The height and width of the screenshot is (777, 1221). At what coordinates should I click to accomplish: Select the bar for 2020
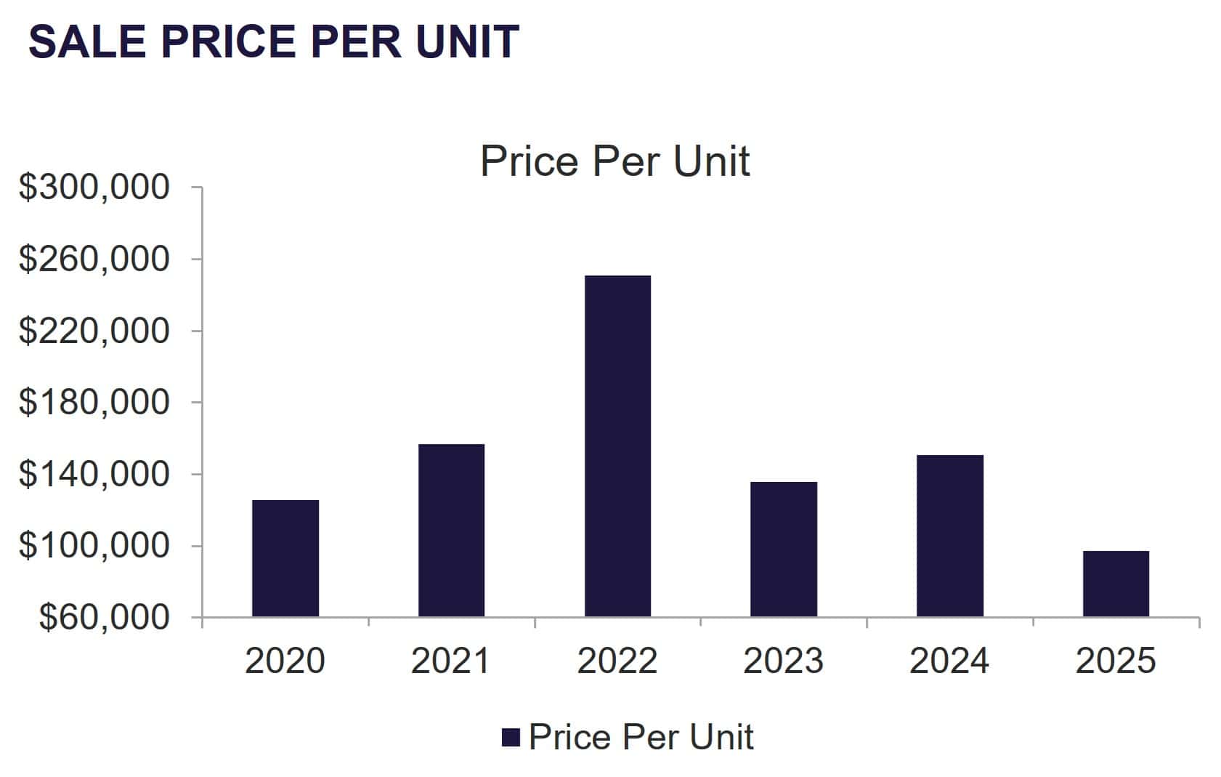click(285, 558)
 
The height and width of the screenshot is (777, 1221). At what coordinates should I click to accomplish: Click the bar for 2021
click(451, 531)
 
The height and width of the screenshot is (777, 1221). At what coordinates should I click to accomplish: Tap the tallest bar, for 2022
click(617, 446)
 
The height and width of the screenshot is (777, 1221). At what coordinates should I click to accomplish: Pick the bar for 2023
click(783, 549)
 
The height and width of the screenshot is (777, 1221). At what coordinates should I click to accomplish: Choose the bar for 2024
click(949, 536)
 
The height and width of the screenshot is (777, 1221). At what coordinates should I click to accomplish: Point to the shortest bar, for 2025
click(1116, 584)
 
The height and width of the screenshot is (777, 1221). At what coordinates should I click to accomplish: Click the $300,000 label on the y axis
click(94, 188)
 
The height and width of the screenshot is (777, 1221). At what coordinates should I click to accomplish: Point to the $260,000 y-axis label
click(94, 259)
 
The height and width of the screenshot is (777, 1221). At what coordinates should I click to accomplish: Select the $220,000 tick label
click(94, 331)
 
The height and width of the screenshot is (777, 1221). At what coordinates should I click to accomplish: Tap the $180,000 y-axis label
click(94, 402)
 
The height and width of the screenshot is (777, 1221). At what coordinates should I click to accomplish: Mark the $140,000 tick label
click(94, 474)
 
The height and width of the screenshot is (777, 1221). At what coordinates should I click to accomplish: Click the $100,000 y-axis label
click(94, 545)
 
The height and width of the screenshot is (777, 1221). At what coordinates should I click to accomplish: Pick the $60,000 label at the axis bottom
click(104, 617)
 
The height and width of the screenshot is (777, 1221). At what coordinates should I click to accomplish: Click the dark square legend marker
click(511, 738)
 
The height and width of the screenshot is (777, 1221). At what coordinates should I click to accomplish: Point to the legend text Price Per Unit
click(641, 737)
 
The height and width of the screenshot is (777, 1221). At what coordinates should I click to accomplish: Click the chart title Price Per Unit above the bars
click(614, 161)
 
